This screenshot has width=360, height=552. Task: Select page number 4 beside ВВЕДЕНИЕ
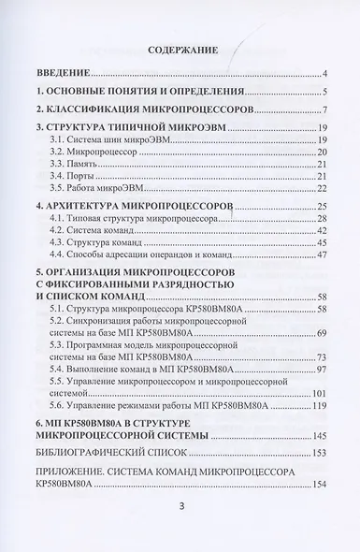pos(321,73)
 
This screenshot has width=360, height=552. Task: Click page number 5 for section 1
pos(321,92)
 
